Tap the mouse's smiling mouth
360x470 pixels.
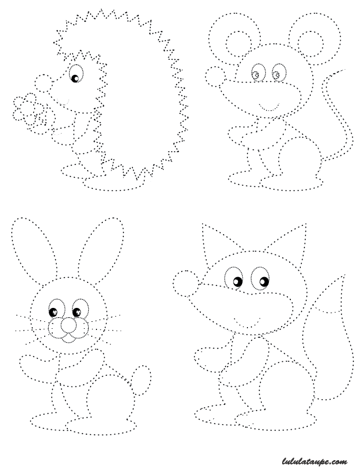(269, 107)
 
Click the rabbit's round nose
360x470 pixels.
(69, 325)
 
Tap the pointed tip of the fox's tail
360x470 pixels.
(344, 275)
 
